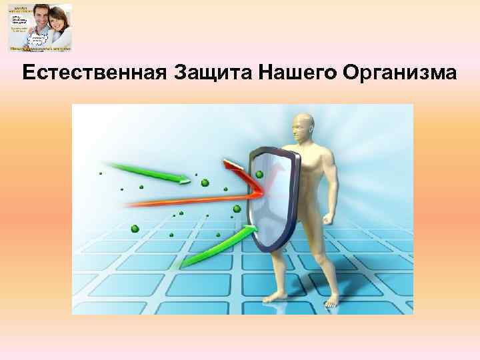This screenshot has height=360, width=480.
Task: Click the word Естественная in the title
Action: pyautogui.click(x=95, y=73)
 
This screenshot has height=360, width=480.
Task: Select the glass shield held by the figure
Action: pyautogui.click(x=272, y=193)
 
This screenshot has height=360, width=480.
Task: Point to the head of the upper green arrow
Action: pyautogui.click(x=183, y=177)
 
